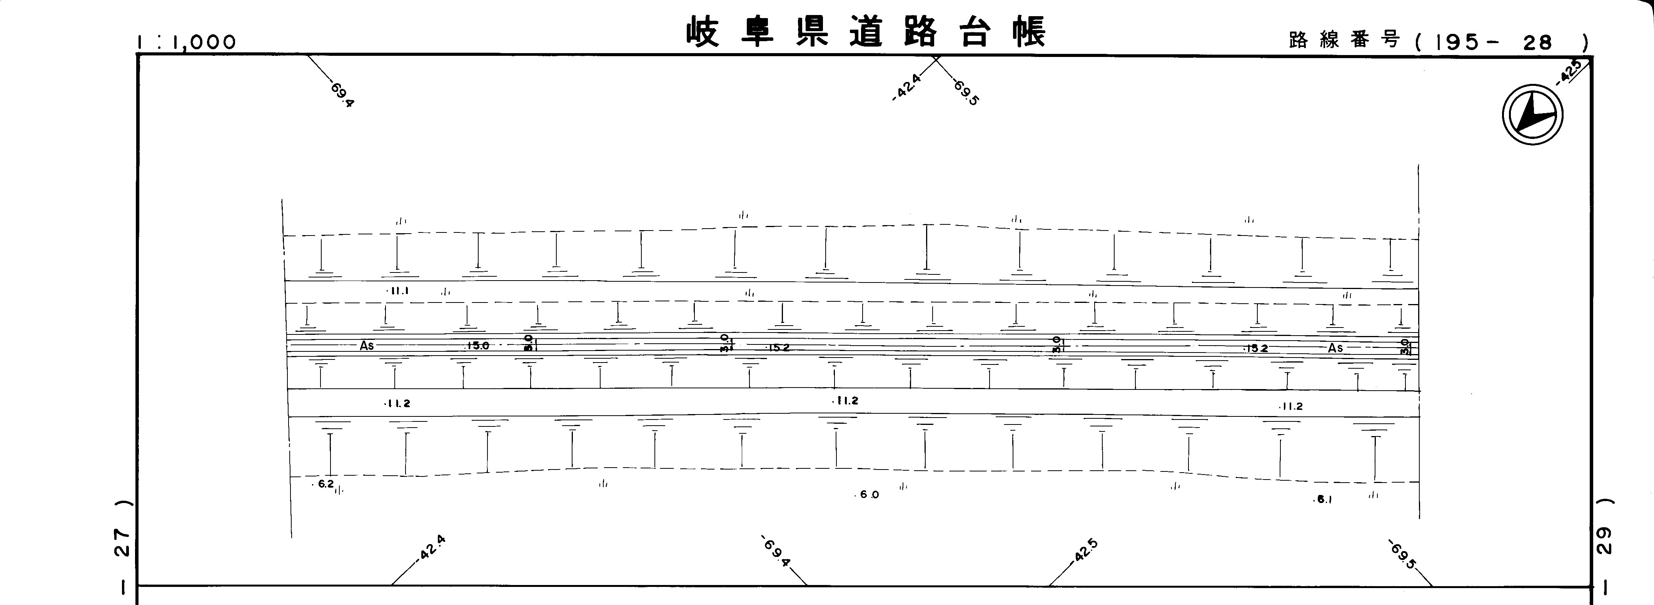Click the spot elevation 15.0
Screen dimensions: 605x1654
pyautogui.click(x=478, y=346)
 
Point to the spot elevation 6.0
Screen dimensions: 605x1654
pyautogui.click(x=869, y=495)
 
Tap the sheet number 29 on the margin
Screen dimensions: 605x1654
pyautogui.click(x=1604, y=541)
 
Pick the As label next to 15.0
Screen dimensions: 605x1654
pyautogui.click(x=367, y=346)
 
